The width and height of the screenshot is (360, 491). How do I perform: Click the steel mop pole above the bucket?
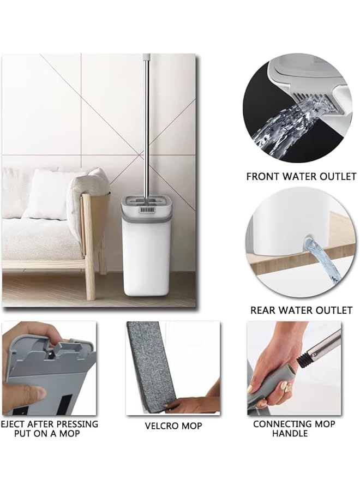[x=146, y=120]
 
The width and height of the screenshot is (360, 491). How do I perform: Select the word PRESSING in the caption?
[x=77, y=424]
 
